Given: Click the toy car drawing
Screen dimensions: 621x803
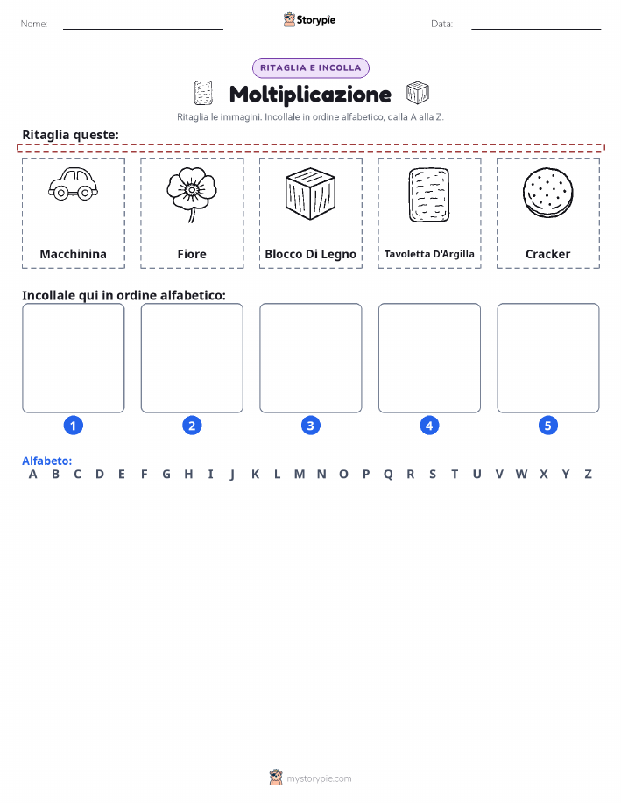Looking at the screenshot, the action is tap(74, 184).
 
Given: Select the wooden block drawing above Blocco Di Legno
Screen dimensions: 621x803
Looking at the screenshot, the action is tap(310, 194).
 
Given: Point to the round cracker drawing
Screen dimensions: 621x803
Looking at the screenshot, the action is tap(547, 193).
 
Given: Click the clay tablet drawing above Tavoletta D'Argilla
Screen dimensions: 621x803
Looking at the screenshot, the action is tap(429, 194).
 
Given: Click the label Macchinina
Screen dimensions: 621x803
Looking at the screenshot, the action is tap(74, 254).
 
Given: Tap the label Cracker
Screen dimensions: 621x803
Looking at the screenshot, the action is tap(547, 254).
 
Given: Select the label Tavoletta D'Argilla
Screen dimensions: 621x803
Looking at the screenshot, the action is tap(429, 254).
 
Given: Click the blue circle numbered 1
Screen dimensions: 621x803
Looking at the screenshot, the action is tap(74, 426).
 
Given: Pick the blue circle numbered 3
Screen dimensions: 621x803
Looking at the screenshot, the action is tap(310, 426).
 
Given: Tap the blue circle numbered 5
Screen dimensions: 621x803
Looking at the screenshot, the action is tap(547, 426).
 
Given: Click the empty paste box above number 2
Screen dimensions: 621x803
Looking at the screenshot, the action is tap(192, 358).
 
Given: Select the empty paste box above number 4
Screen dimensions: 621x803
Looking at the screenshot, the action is tap(429, 358).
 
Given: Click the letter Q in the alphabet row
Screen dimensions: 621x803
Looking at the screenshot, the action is tap(388, 475).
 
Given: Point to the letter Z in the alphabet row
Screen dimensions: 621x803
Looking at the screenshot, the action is tap(589, 475).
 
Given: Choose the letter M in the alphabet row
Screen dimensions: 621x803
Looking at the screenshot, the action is tap(300, 475).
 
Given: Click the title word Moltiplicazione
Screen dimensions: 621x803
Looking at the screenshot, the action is tap(310, 95).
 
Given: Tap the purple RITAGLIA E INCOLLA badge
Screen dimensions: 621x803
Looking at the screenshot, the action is tap(310, 68).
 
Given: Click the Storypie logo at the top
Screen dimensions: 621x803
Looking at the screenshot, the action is tap(309, 20).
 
